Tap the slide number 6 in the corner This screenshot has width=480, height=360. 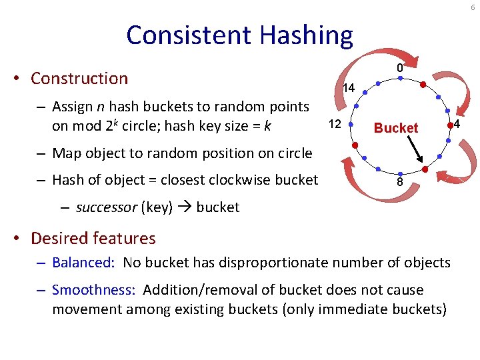(473, 7)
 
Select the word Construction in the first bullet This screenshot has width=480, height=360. (79, 78)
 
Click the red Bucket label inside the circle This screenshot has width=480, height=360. (396, 128)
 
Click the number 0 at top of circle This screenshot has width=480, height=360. (399, 68)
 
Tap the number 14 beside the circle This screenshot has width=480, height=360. (348, 88)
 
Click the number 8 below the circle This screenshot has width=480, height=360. (399, 181)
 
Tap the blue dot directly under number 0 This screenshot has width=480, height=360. (399, 78)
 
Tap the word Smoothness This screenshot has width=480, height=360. (93, 290)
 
